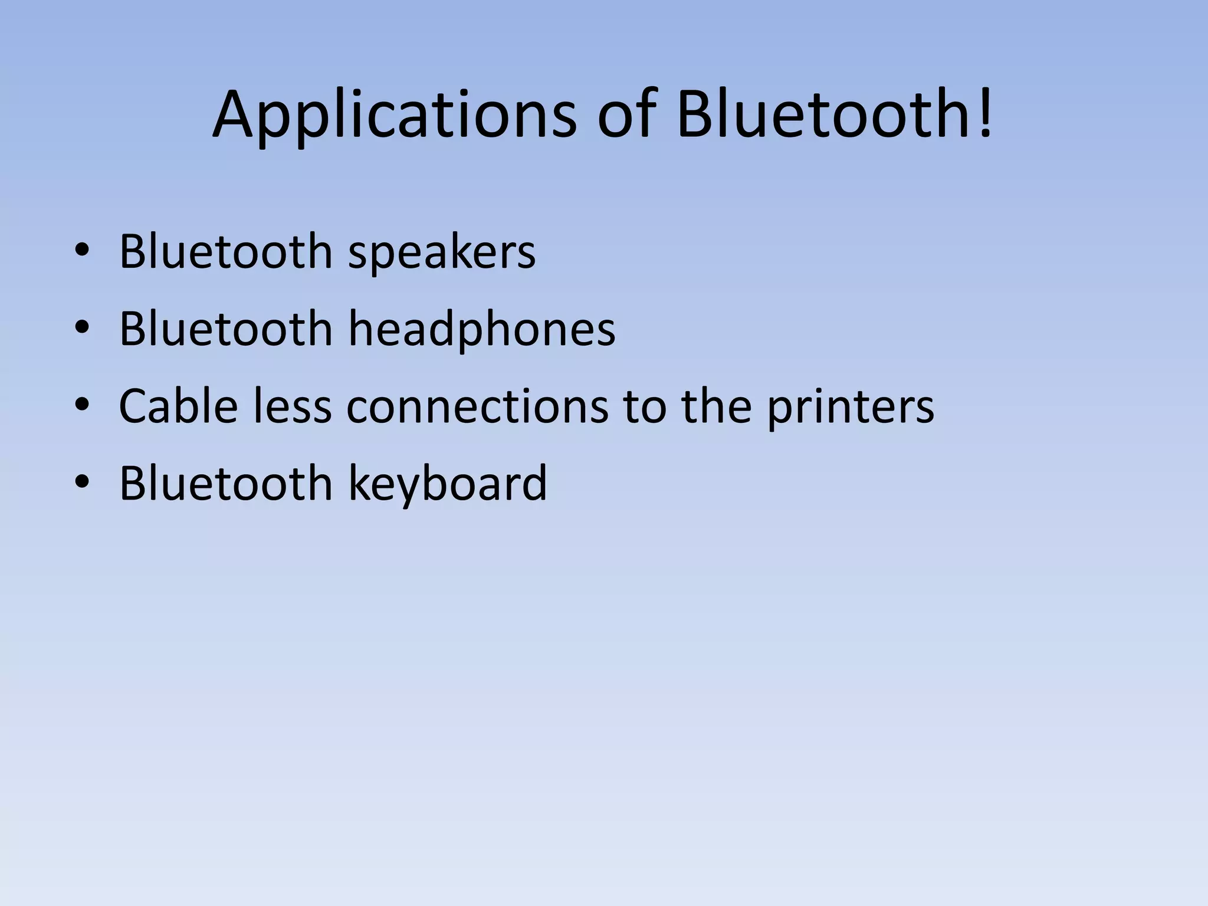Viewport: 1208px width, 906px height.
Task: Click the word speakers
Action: [x=442, y=252]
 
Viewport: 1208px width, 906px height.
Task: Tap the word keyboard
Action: [x=448, y=483]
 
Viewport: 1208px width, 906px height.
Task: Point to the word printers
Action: [x=850, y=407]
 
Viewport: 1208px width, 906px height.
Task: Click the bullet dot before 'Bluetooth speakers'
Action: [x=82, y=252]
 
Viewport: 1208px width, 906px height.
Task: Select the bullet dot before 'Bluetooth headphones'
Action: [x=82, y=329]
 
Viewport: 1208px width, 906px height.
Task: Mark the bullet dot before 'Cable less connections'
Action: [x=82, y=406]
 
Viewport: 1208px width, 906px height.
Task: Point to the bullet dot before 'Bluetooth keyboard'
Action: [x=82, y=483]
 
